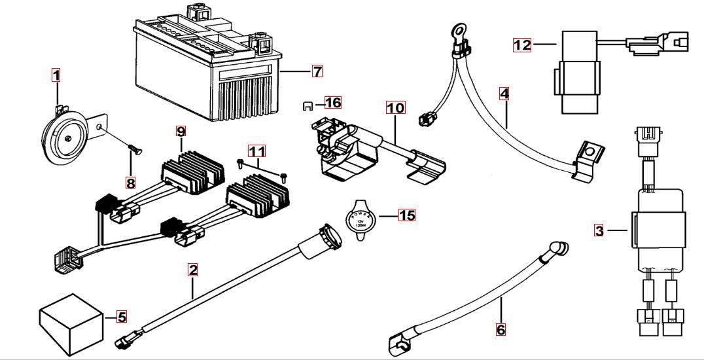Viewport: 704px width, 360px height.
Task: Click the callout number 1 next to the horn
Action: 56,75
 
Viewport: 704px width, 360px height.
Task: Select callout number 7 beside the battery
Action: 317,71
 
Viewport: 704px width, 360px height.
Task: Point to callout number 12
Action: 522,45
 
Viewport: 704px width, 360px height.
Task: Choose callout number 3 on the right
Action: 599,230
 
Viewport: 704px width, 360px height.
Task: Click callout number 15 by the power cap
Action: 406,215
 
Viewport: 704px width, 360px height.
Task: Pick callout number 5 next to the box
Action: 121,317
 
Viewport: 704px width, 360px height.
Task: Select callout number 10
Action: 396,107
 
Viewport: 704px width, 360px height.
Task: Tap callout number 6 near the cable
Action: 501,329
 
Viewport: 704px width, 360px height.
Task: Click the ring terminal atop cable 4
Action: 454,30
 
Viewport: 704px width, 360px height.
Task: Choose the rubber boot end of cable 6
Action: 557,249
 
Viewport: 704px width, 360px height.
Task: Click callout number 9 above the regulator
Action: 181,130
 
